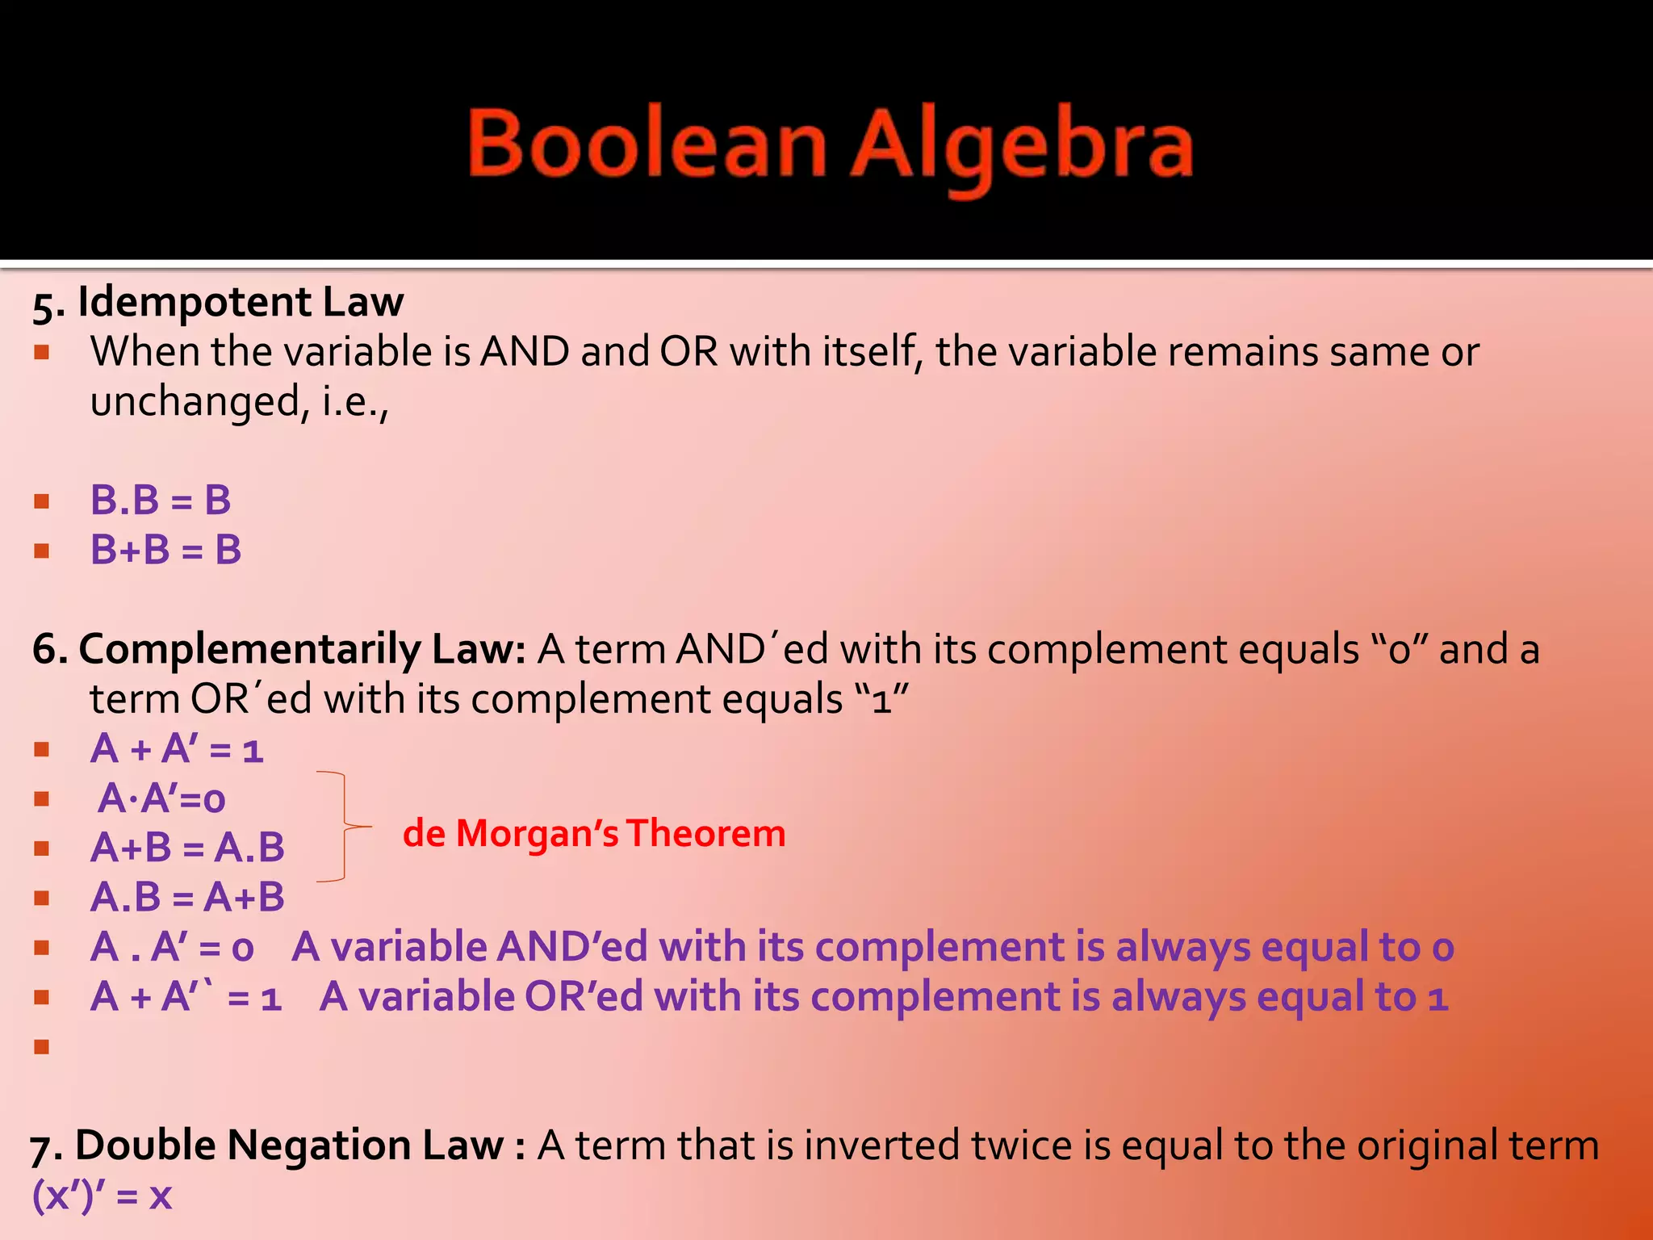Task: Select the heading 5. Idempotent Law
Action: click(218, 303)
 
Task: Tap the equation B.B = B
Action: click(161, 501)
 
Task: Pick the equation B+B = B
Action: click(166, 551)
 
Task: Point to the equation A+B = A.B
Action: click(187, 848)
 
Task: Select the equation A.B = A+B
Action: click(187, 898)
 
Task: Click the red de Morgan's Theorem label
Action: click(594, 833)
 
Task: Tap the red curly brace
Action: click(344, 827)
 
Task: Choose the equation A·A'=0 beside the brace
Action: click(161, 799)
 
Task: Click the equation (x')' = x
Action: click(102, 1195)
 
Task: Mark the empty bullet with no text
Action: click(42, 1047)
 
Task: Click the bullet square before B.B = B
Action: click(42, 501)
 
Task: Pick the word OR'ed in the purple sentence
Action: click(584, 997)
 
